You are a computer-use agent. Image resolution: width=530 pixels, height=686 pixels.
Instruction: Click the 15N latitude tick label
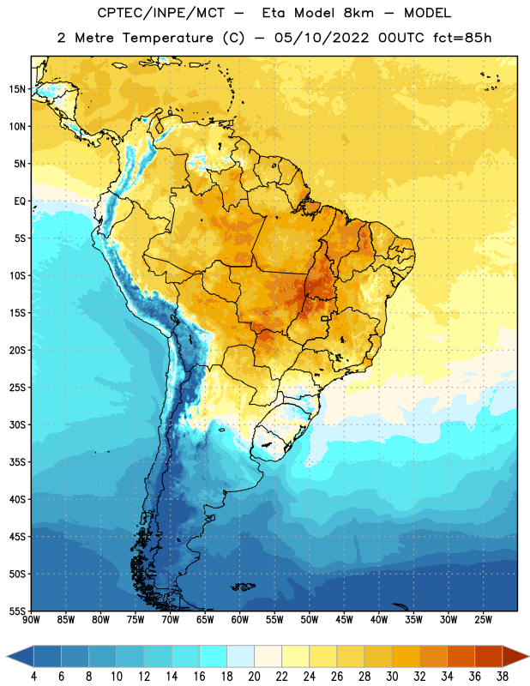(x=17, y=89)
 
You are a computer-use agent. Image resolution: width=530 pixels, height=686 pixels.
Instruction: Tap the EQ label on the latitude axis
(x=20, y=202)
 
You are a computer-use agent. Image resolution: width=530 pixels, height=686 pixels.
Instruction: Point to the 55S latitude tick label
(x=17, y=611)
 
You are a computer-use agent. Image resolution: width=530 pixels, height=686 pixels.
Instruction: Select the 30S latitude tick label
(x=17, y=424)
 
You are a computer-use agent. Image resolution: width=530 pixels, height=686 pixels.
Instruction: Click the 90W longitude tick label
(x=31, y=620)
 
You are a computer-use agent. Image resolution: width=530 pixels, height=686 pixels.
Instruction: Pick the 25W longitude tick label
(x=483, y=620)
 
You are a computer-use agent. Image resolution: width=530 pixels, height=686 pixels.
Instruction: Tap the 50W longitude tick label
(x=310, y=620)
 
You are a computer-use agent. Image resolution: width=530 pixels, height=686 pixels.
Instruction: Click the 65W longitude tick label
(x=205, y=620)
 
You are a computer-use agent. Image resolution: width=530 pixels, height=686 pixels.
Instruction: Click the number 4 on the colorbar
(x=33, y=677)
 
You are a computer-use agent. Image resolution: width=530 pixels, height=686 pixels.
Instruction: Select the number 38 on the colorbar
(x=503, y=677)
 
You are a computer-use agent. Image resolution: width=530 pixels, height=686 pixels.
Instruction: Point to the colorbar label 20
(x=254, y=677)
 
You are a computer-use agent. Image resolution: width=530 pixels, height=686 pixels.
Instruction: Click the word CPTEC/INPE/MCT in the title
(x=160, y=13)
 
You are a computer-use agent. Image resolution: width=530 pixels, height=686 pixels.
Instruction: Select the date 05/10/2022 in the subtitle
(x=322, y=38)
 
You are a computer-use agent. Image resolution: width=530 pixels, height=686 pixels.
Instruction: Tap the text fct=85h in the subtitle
(x=462, y=38)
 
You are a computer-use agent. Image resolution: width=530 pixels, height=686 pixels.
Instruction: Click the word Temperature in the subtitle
(x=167, y=38)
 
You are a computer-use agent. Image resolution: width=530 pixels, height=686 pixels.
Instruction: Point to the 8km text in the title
(x=358, y=13)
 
